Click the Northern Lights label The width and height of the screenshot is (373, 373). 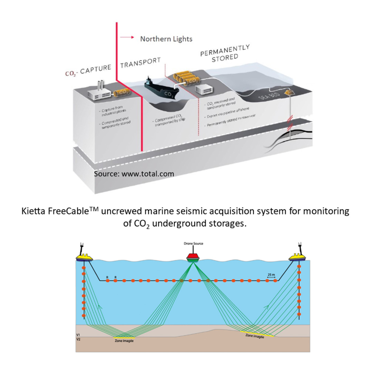(x=166, y=39)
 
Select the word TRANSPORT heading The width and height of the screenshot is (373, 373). (x=140, y=63)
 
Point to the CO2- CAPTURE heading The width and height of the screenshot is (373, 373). (x=88, y=70)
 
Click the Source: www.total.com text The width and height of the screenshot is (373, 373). (x=134, y=173)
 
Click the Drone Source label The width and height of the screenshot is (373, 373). (x=193, y=243)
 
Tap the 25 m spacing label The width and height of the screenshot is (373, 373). (x=271, y=275)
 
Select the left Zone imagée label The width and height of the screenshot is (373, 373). (x=124, y=341)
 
